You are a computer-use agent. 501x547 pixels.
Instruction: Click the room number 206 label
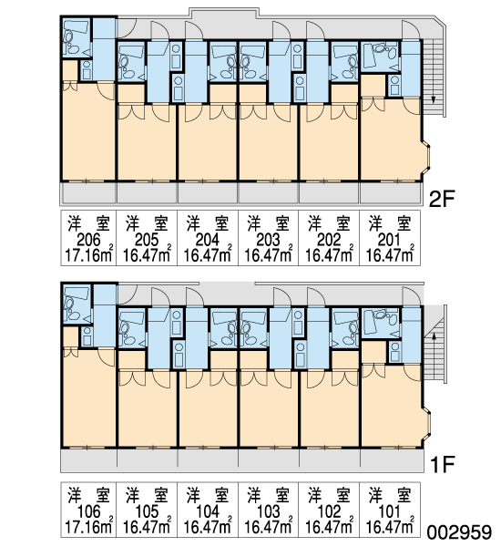pyautogui.click(x=88, y=241)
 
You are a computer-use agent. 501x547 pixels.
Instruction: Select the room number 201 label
pyautogui.click(x=389, y=241)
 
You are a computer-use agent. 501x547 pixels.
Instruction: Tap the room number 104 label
pyautogui.click(x=208, y=511)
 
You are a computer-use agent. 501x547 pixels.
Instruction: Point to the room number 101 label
pyautogui.click(x=389, y=511)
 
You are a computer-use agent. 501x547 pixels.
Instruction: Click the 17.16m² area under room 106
pyautogui.click(x=89, y=526)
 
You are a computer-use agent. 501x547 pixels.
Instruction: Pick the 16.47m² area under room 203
pyautogui.click(x=268, y=255)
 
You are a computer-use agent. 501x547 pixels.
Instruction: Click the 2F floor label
pyautogui.click(x=442, y=200)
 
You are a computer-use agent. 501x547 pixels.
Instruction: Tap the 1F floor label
pyautogui.click(x=443, y=465)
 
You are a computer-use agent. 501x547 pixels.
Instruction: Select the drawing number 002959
pyautogui.click(x=459, y=533)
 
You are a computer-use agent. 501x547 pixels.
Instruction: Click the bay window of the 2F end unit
pyautogui.click(x=426, y=157)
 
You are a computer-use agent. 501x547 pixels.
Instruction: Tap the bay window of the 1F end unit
pyautogui.click(x=426, y=422)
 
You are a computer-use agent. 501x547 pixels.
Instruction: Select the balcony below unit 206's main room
pyautogui.click(x=89, y=193)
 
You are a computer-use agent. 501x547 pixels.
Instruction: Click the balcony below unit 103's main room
pyautogui.click(x=268, y=460)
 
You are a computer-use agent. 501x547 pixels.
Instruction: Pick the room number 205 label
pyautogui.click(x=147, y=241)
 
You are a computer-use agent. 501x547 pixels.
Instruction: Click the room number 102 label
pyautogui.click(x=329, y=511)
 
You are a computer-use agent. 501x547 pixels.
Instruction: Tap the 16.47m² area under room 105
pyautogui.click(x=147, y=526)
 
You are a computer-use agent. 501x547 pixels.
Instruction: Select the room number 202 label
pyautogui.click(x=329, y=241)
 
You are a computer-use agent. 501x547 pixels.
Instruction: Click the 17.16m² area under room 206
pyautogui.click(x=89, y=255)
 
